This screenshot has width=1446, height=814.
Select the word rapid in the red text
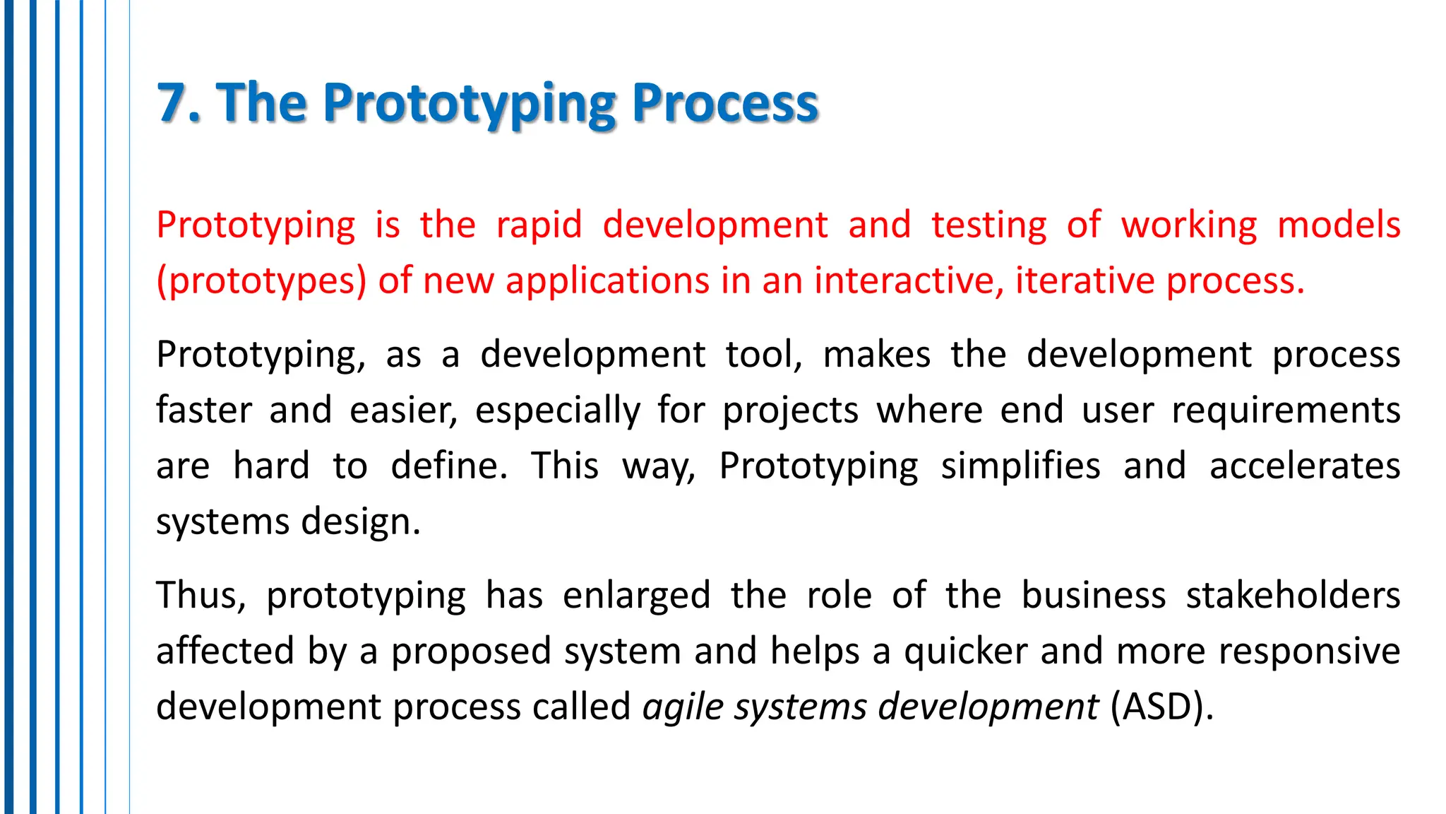[539, 225]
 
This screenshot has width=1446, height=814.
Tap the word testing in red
[988, 225]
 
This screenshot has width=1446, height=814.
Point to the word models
[1339, 225]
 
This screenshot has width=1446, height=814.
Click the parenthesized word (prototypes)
[261, 281]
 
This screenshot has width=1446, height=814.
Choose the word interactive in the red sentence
[909, 281]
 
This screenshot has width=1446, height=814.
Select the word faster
[204, 410]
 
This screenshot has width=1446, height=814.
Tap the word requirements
[1286, 411]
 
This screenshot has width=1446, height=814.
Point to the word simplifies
[1020, 466]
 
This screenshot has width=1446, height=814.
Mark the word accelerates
[1305, 466]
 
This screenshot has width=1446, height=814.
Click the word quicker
[965, 651]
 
